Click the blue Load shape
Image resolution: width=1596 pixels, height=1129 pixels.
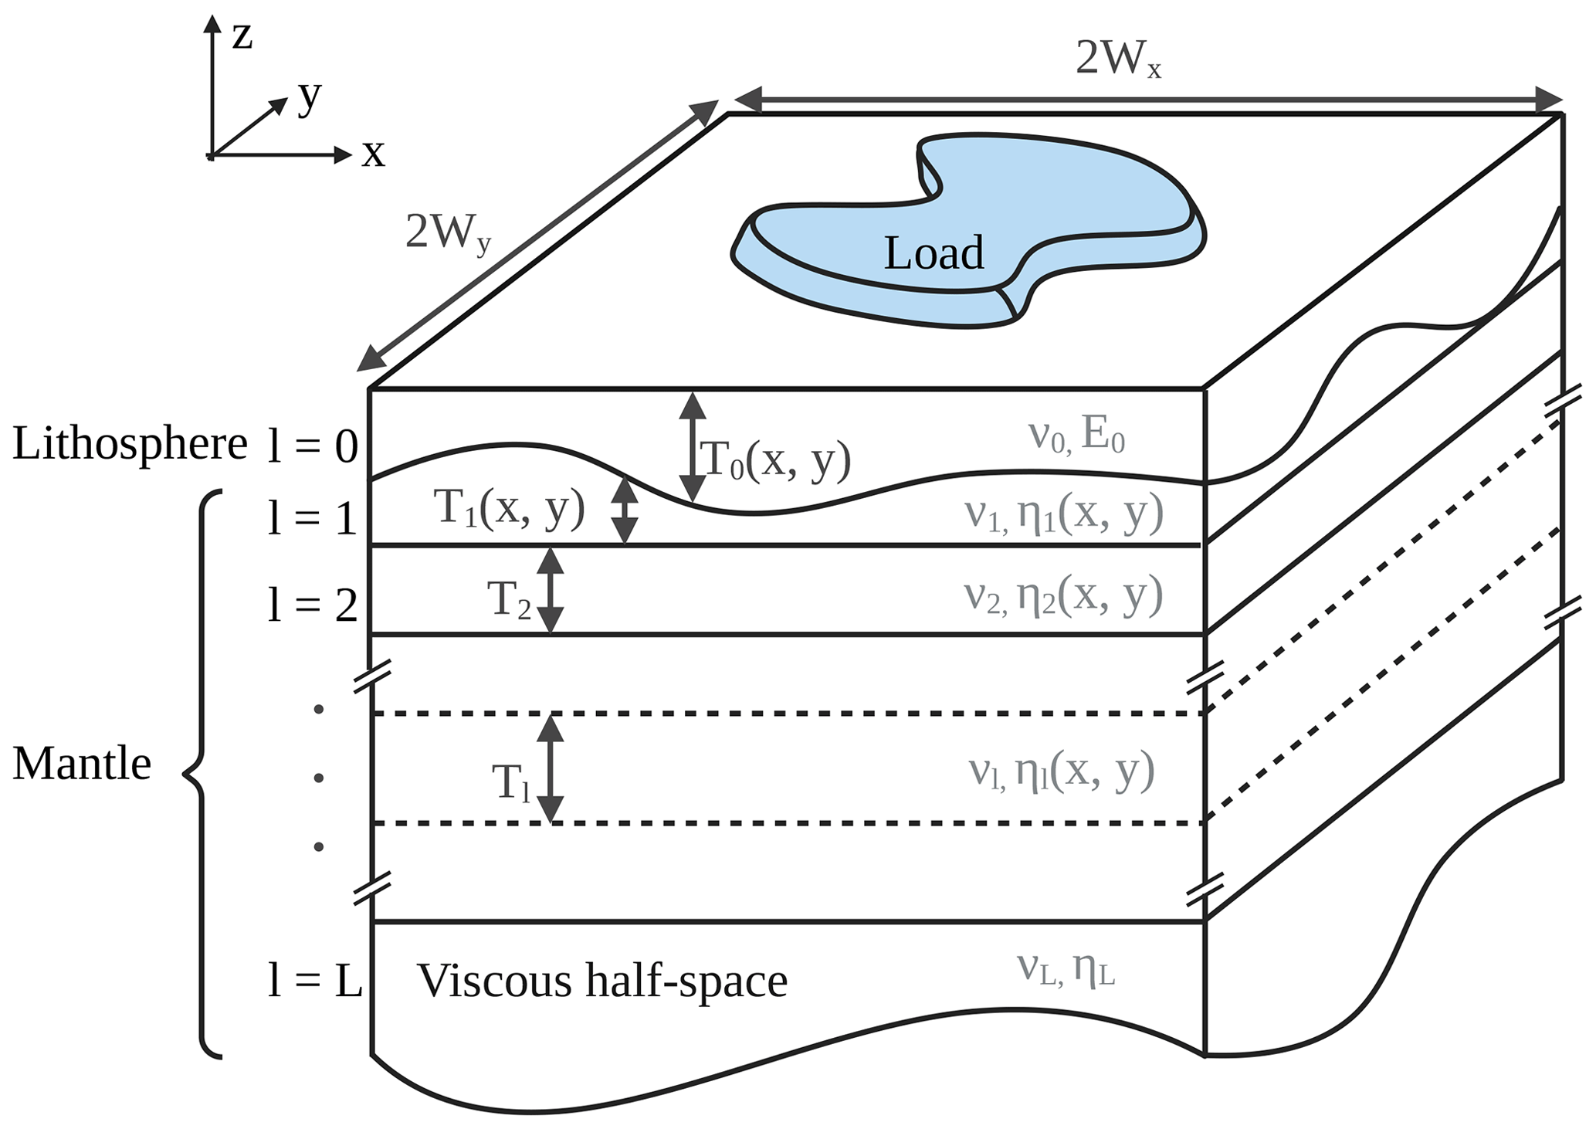[x=965, y=232]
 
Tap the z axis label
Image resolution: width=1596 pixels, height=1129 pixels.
[x=242, y=36]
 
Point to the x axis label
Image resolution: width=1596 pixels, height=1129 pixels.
[x=374, y=154]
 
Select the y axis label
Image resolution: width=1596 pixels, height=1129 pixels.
[x=310, y=97]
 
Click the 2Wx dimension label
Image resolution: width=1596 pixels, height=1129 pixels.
[x=1117, y=59]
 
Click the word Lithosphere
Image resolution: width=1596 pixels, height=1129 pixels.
[x=130, y=445]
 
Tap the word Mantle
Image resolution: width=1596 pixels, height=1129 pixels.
[x=82, y=765]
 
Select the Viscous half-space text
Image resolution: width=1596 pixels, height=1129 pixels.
[x=602, y=982]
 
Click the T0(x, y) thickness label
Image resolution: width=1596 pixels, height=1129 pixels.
[x=774, y=461]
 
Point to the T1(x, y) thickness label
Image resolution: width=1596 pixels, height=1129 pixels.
[x=510, y=510]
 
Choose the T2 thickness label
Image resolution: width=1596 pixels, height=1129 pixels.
[x=509, y=599]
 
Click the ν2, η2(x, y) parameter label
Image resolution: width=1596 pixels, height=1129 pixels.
[x=1063, y=596]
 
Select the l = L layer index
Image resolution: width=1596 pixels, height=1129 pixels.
[x=314, y=982]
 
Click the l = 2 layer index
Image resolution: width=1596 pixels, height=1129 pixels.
[x=313, y=605]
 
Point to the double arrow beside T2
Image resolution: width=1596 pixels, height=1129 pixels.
[x=551, y=591]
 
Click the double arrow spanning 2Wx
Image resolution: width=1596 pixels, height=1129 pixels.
[x=1149, y=100]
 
